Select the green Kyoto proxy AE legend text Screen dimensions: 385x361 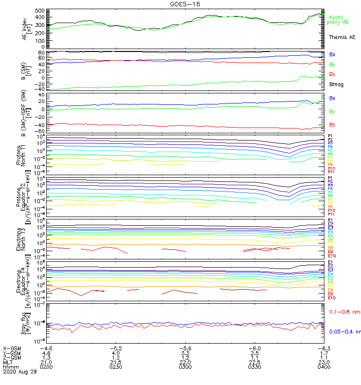(339, 20)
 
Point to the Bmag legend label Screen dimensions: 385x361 (335, 84)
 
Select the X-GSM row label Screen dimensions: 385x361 (12, 348)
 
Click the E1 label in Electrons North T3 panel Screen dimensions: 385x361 (331, 221)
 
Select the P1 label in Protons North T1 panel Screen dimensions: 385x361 (331, 136)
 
